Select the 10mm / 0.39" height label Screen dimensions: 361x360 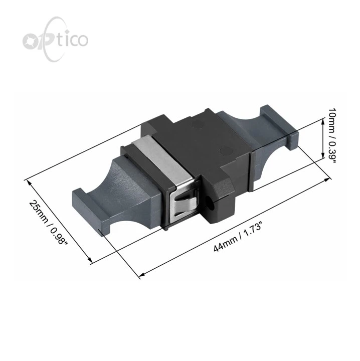click(x=332, y=135)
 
